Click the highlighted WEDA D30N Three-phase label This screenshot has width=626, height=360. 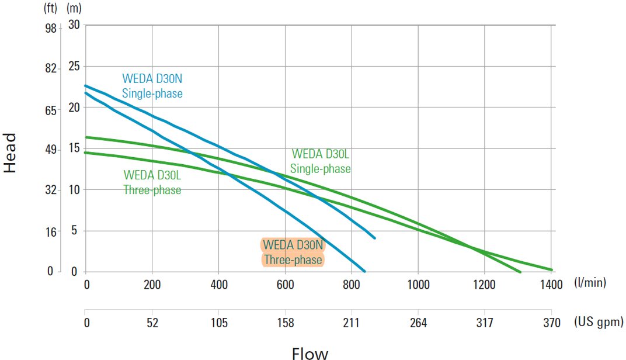point(292,252)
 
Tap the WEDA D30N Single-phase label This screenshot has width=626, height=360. point(152,86)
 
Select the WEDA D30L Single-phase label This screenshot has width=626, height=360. point(321,161)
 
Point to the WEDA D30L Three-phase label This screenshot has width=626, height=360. point(152,182)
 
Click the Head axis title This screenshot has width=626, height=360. point(11,153)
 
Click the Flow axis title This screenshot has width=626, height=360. point(310,353)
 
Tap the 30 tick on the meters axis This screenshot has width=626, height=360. point(74,25)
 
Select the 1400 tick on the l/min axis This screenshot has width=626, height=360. point(551,285)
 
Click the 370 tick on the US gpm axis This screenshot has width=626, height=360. point(551,323)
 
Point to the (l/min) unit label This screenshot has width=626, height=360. point(590,283)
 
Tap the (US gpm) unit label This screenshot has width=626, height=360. point(599,322)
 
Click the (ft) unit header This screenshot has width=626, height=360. point(51,8)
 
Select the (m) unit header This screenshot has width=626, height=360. point(74,8)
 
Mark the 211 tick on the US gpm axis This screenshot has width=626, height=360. point(352,323)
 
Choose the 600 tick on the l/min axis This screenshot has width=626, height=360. point(285,285)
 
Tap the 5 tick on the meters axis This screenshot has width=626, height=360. point(74,231)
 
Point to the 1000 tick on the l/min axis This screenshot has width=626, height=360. point(418,285)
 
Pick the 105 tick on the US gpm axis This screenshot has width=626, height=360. point(219,323)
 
